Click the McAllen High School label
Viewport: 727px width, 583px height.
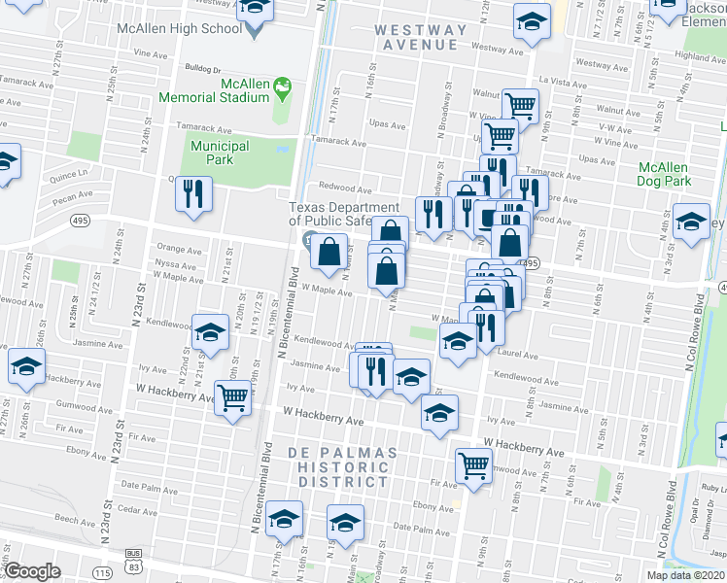point(179,28)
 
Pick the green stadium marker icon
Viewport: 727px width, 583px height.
point(284,91)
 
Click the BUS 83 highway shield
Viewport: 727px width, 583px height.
point(132,555)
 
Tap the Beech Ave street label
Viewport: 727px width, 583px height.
point(74,520)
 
